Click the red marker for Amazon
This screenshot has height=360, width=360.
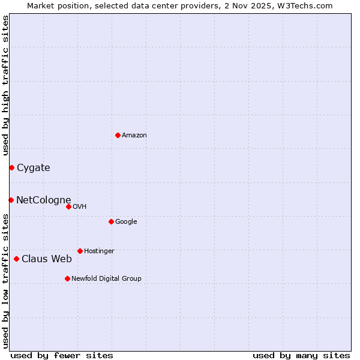(118, 135)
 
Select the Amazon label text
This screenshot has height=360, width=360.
(134, 136)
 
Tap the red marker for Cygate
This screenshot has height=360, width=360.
(11, 167)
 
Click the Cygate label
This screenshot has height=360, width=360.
(34, 168)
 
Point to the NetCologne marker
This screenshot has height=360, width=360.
(11, 200)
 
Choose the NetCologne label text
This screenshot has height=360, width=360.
(44, 200)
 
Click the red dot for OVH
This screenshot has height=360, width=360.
(68, 206)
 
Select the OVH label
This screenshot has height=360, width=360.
(80, 207)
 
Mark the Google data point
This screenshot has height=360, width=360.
(111, 221)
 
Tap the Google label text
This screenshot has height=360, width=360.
(126, 222)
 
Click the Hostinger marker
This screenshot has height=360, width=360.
(80, 251)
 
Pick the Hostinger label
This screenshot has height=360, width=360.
(99, 251)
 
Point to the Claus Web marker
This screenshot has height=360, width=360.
(16, 259)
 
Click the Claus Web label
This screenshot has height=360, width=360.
(47, 259)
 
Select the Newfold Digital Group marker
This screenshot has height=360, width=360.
(67, 278)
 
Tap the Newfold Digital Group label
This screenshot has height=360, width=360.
(106, 279)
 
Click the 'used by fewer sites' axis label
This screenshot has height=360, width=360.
(62, 355)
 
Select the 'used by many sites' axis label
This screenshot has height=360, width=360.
(301, 355)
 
